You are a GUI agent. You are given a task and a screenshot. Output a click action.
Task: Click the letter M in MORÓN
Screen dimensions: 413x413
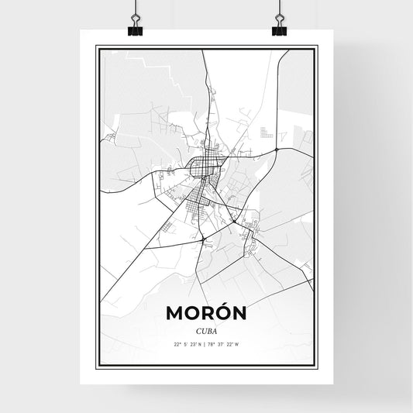[x=175, y=313]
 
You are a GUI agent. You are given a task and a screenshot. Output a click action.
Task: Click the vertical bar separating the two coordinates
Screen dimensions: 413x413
[x=206, y=344]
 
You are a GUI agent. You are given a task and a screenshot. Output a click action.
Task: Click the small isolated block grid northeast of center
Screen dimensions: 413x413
[x=267, y=132]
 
